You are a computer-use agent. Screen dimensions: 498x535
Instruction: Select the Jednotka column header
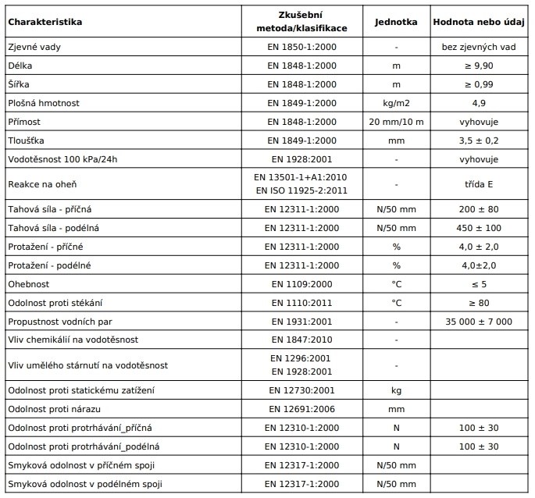(396, 21)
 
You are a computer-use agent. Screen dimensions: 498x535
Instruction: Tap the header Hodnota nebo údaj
(479, 21)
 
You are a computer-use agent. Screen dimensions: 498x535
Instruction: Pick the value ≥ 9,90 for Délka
(479, 66)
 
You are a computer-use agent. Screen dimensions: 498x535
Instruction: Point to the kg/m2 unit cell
(396, 103)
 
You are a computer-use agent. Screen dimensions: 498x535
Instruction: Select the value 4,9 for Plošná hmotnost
(479, 103)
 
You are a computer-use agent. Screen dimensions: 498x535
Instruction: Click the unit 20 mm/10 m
(396, 122)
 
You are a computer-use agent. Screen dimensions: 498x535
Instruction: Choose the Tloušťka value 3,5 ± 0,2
(479, 141)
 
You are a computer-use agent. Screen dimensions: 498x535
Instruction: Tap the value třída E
(479, 184)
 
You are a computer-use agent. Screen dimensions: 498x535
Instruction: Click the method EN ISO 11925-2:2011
(301, 191)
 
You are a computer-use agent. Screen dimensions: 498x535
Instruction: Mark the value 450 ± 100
(479, 228)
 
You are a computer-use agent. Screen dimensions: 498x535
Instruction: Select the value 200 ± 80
(479, 209)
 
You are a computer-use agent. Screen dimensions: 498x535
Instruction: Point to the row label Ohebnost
(29, 284)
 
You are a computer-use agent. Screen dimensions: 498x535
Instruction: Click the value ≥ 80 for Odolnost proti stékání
(479, 303)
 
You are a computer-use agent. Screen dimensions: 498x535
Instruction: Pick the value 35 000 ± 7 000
(479, 322)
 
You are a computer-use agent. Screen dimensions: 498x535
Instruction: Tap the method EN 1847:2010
(301, 340)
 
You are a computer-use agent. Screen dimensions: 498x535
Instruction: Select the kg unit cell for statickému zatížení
(396, 390)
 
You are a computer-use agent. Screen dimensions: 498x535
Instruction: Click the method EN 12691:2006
(301, 408)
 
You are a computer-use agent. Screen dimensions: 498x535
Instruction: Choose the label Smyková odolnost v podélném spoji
(84, 484)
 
